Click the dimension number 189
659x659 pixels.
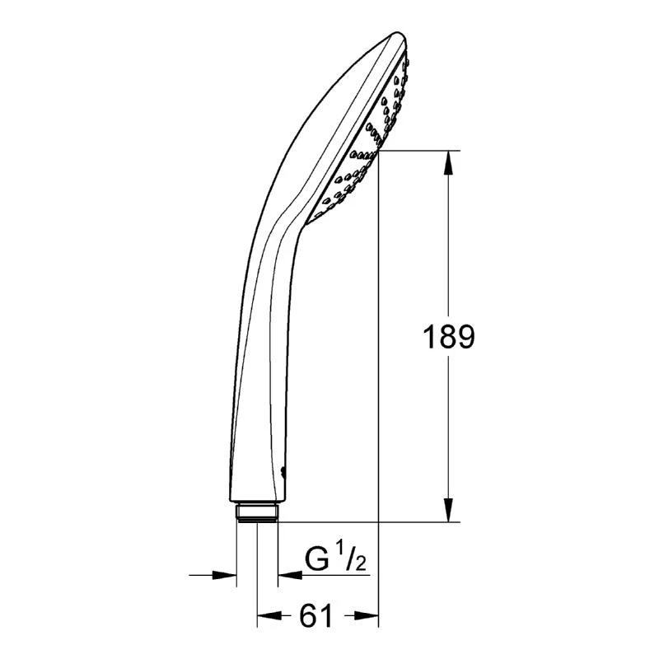coord(448,337)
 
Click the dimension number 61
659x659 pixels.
coord(316,616)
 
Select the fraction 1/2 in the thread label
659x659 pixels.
coord(352,555)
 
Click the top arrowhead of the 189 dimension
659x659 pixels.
coord(448,161)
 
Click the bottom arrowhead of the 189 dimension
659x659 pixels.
coord(448,510)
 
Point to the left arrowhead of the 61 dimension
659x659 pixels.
coord(269,615)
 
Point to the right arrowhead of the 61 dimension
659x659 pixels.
coord(367,615)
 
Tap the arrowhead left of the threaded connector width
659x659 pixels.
coord(224,574)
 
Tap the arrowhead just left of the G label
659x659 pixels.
coord(290,574)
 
